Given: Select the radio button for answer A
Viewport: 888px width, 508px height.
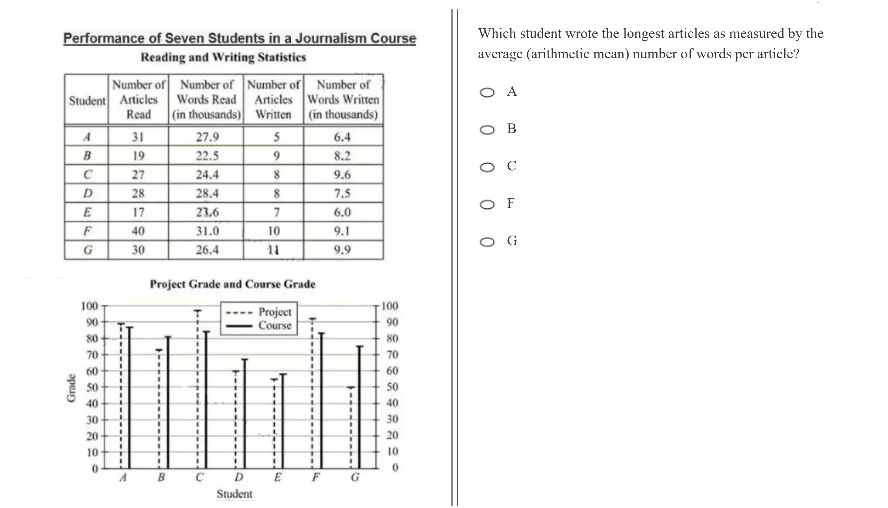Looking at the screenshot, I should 487,93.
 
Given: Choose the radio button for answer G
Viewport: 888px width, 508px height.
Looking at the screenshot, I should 487,242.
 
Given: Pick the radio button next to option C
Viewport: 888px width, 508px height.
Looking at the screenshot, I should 487,167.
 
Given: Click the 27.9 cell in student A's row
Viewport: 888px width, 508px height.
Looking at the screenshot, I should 207,137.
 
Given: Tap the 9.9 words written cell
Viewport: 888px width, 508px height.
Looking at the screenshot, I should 342,250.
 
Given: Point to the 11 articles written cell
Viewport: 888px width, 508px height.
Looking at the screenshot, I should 274,250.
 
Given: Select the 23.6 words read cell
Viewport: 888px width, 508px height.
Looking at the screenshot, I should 207,212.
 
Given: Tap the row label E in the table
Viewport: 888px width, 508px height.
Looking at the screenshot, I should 87,212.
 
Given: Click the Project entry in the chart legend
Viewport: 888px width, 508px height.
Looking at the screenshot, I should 274,311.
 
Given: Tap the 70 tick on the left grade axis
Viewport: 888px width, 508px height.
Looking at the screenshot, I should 92,355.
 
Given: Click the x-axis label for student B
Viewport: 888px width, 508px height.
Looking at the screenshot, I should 161,477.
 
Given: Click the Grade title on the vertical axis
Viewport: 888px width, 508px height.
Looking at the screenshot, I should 71,388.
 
